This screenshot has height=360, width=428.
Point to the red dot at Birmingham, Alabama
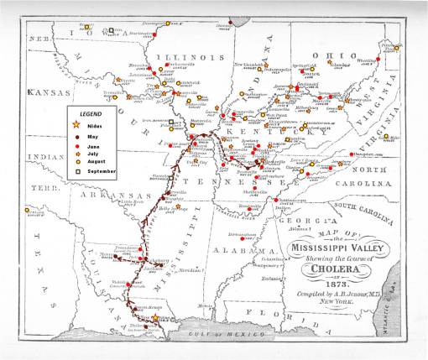pos(243,237)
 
